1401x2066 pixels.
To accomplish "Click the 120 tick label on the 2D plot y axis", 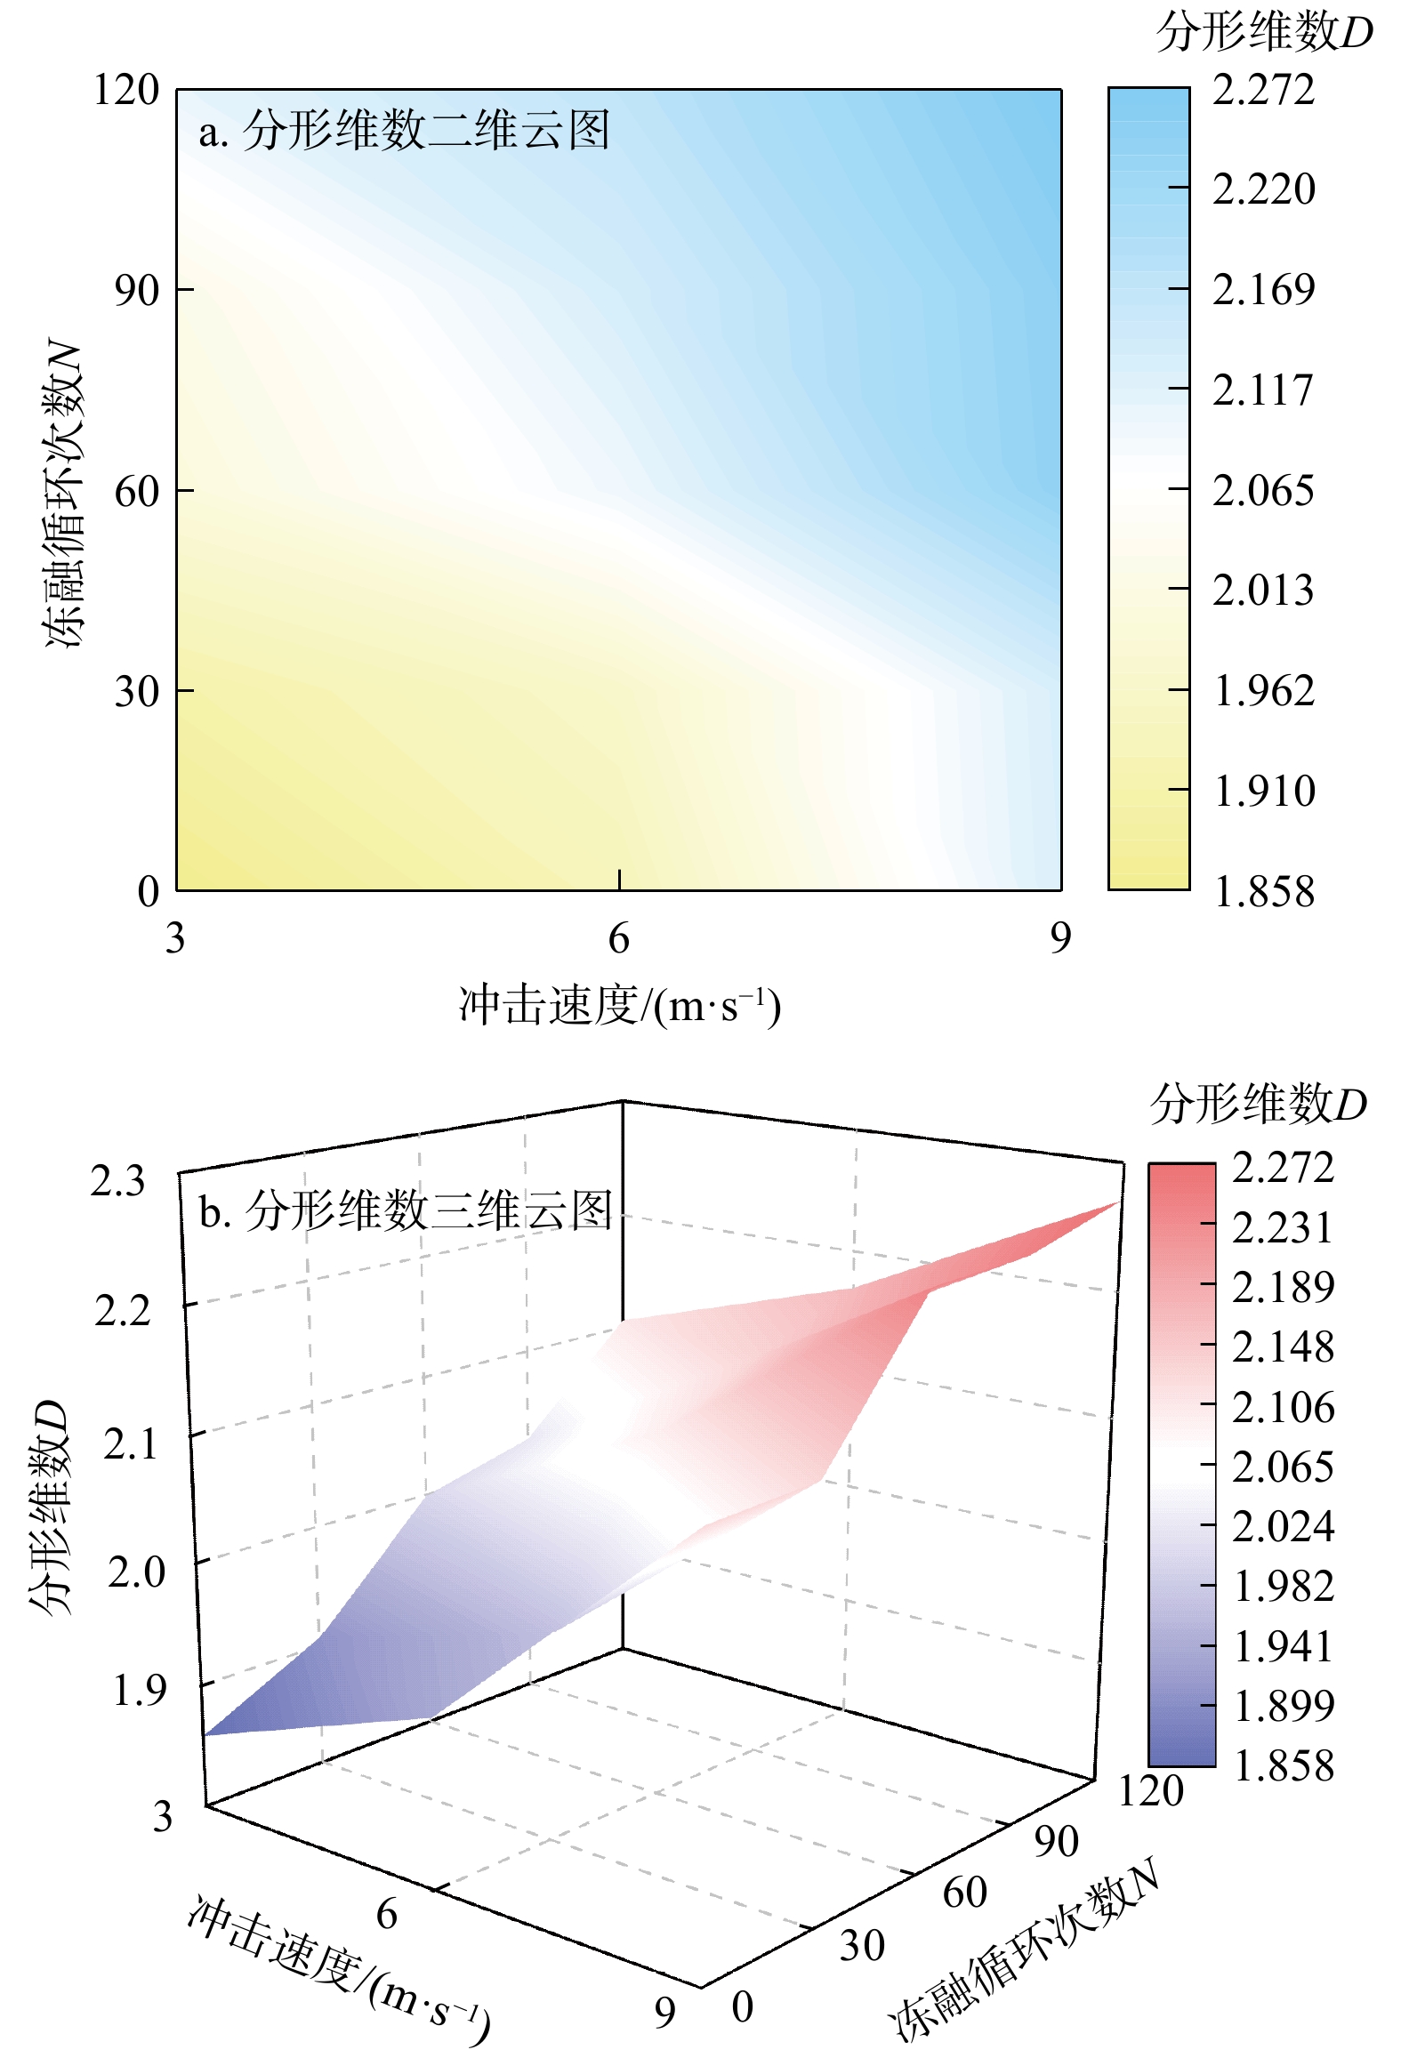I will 126,90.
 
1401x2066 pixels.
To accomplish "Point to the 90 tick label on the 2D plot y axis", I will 137,290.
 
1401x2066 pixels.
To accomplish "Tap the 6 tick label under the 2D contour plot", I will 618,938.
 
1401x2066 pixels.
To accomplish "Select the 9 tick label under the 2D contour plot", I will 1060,938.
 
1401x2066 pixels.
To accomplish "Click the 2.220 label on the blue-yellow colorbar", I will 1263,189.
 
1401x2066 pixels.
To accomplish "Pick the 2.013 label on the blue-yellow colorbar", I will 1263,591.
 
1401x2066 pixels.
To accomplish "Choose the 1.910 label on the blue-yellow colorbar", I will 1264,791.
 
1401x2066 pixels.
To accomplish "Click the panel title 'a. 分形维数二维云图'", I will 405,132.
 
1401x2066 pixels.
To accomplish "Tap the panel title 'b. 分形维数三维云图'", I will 406,1210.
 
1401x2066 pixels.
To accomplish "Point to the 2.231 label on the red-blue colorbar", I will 1283,1228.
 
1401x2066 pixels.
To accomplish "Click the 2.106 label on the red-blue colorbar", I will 1283,1408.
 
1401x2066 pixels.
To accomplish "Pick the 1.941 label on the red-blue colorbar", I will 1283,1646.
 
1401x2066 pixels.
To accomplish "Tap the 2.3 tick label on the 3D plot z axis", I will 117,1182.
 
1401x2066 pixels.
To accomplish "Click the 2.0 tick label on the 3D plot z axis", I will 137,1572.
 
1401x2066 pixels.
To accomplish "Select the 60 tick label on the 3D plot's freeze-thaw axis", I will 965,1893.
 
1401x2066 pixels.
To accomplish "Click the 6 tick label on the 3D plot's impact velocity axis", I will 387,1914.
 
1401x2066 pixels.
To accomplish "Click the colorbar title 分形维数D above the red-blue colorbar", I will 1258,1105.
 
